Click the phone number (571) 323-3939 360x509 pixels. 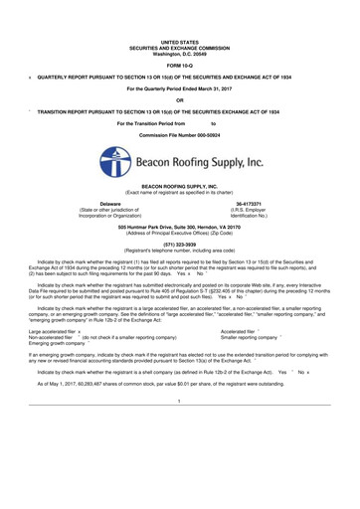click(180, 240)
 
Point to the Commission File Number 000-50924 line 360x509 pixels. click(180, 131)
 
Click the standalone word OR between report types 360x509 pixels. click(180, 99)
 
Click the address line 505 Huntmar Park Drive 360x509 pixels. click(180, 224)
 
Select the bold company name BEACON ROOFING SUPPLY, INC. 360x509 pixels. click(180, 185)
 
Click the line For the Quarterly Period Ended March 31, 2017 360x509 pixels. click(180, 88)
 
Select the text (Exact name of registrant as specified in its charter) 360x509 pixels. click(180, 191)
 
